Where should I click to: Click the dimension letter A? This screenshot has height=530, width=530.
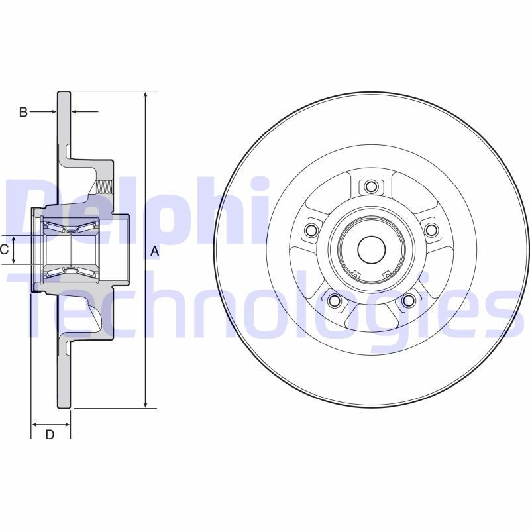(x=154, y=251)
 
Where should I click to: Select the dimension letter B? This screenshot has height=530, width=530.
(x=23, y=113)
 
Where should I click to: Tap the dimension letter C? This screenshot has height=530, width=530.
(x=4, y=250)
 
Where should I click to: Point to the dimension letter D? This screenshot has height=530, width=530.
(x=50, y=435)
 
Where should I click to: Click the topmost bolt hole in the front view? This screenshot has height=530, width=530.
(x=371, y=186)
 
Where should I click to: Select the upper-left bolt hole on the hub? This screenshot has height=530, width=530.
(x=311, y=230)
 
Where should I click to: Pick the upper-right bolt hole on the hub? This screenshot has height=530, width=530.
(x=431, y=230)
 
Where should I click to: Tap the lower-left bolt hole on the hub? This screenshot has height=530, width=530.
(x=334, y=301)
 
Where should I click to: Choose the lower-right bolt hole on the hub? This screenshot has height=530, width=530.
(x=408, y=301)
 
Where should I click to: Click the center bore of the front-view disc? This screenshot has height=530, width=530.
(x=371, y=249)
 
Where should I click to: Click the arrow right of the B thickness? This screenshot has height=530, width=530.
(x=77, y=112)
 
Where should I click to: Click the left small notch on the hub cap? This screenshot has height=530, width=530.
(x=354, y=275)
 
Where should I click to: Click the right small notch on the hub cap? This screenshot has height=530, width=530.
(x=388, y=275)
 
